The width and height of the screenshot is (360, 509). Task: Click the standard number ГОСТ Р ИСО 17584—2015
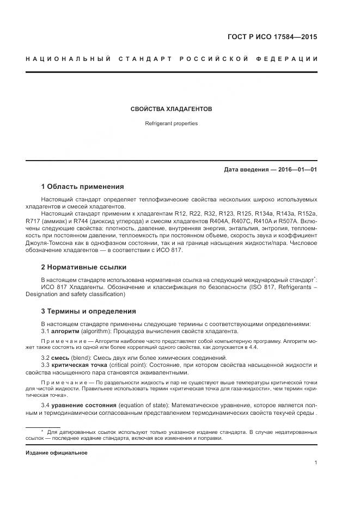[272, 38]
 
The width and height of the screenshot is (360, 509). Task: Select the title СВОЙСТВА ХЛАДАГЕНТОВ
[171, 109]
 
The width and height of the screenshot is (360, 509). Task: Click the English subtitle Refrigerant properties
[171, 124]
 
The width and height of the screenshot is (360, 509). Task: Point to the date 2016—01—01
[297, 169]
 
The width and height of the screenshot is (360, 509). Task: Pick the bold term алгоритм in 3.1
[65, 331]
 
